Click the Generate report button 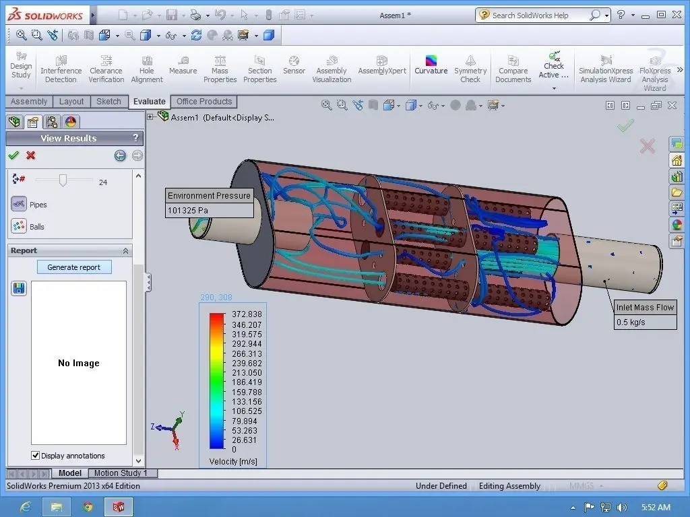74,267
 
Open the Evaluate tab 149,102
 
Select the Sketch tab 108,102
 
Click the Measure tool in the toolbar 183,65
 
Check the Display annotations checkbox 36,456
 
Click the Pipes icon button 19,204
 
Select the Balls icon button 19,226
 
